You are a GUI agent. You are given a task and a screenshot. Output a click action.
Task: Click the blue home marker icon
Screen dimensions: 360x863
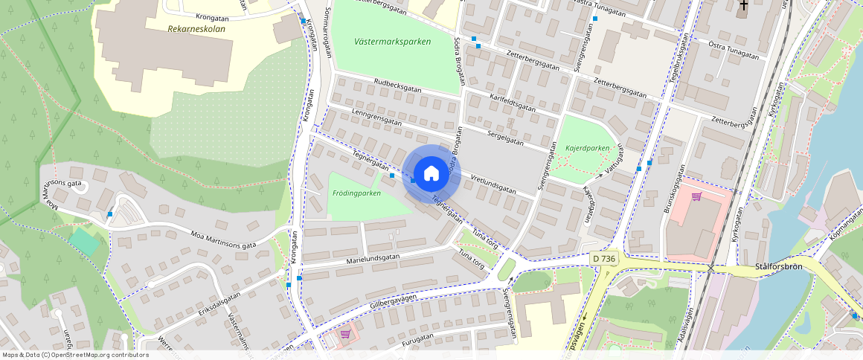click(431, 174)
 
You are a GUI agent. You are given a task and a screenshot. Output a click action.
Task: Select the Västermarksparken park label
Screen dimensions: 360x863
click(393, 42)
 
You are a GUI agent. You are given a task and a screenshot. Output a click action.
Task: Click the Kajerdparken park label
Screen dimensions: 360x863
click(588, 148)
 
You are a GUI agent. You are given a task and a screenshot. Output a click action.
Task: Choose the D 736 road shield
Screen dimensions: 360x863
click(604, 258)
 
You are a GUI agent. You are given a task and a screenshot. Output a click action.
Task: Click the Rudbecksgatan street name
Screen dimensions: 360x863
click(398, 86)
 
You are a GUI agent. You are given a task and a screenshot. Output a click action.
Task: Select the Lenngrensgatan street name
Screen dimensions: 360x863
click(376, 118)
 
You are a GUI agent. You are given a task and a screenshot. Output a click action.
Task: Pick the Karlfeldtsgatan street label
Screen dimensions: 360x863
click(512, 102)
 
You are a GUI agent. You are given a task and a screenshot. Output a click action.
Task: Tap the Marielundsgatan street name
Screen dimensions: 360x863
click(373, 260)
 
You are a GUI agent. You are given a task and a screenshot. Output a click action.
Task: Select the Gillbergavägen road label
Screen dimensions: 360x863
click(393, 303)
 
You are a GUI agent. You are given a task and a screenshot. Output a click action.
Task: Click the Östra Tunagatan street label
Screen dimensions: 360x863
click(734, 51)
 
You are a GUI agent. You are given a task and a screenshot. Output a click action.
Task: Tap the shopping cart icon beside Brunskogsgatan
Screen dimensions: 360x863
click(696, 196)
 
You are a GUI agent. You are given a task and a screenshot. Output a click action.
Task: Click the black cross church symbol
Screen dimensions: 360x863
click(742, 7)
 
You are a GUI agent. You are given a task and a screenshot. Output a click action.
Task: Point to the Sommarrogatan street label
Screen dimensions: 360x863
click(326, 33)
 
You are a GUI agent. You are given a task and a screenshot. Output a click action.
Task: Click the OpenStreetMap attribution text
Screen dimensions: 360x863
click(75, 355)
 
